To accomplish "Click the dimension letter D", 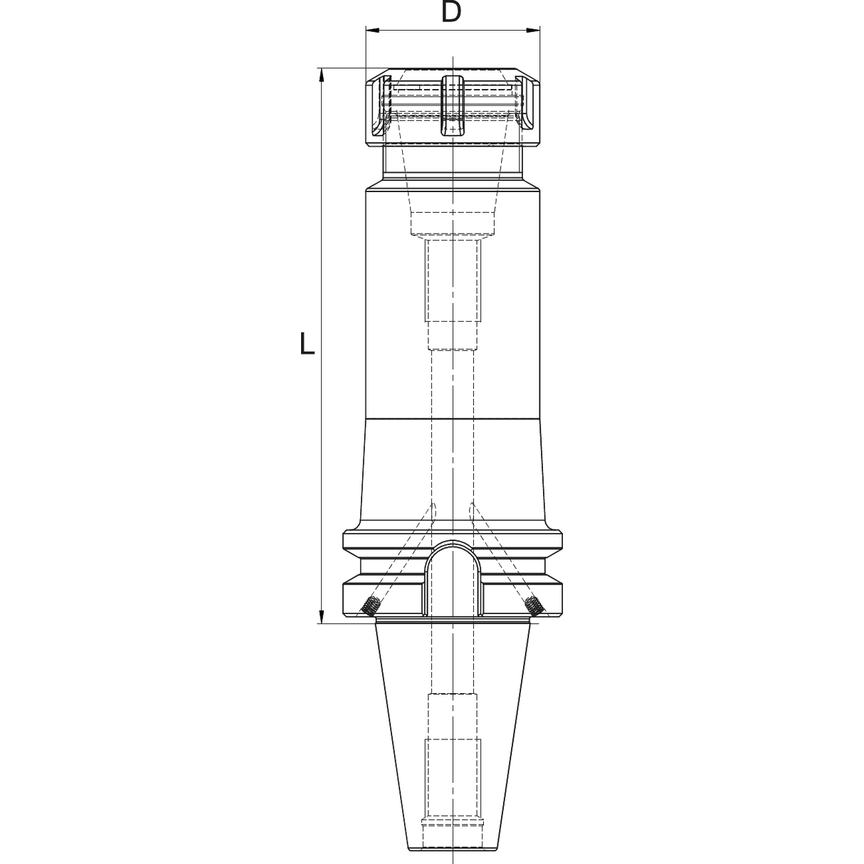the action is coord(451,11).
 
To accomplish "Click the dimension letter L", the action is coord(307,344).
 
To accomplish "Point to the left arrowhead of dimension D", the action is coord(372,31).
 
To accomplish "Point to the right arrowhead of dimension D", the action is coord(534,31).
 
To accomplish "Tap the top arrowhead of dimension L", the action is coord(321,75).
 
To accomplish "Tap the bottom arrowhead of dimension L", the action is coord(321,616).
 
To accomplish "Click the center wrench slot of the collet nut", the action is coord(453,105).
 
